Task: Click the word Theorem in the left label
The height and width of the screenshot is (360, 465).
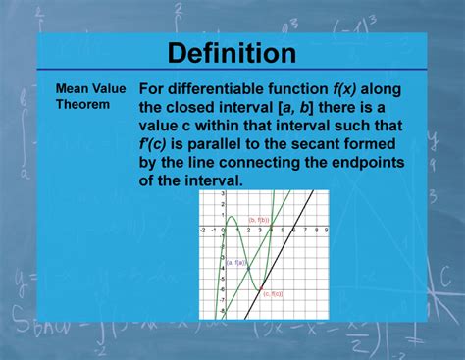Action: click(82, 104)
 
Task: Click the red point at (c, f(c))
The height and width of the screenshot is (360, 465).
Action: click(262, 287)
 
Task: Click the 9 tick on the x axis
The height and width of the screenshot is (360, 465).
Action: click(325, 230)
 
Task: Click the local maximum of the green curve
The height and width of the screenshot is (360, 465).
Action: click(231, 215)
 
